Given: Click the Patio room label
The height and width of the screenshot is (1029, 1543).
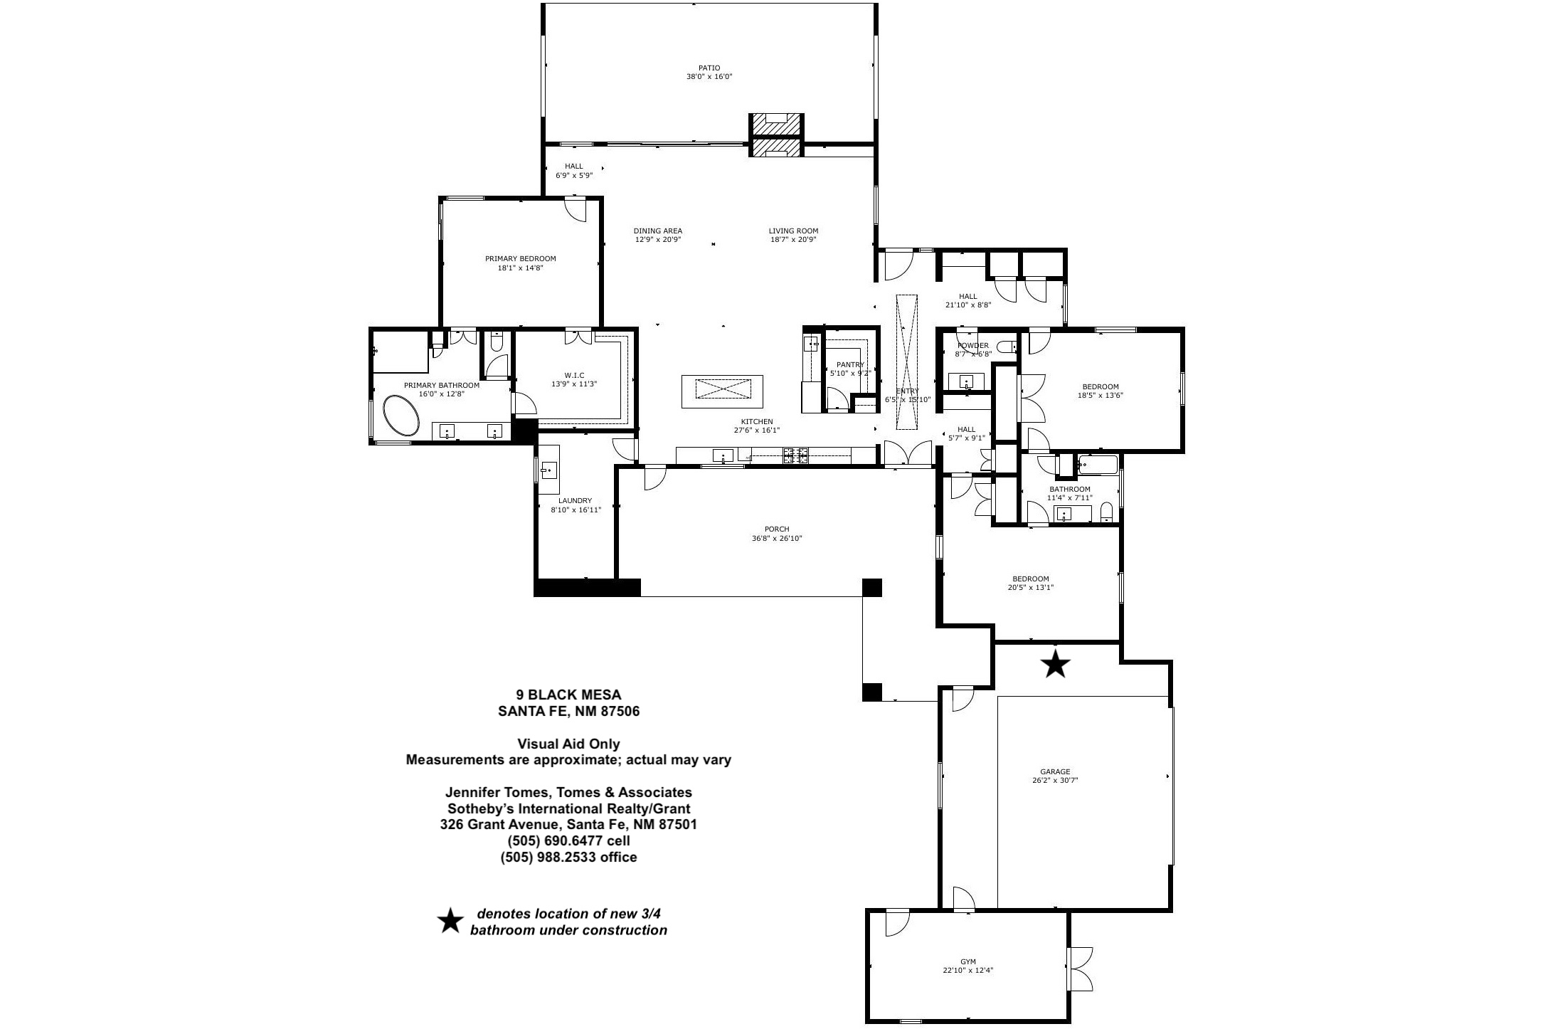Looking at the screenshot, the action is (709, 68).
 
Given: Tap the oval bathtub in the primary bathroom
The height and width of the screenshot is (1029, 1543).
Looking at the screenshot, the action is (402, 416).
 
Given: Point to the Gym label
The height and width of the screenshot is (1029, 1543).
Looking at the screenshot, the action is (967, 961).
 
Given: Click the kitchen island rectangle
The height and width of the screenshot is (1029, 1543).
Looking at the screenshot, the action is (722, 391).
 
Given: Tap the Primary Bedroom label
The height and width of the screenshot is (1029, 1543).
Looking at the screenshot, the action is (520, 259).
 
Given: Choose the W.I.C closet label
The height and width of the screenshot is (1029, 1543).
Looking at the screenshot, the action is (573, 375).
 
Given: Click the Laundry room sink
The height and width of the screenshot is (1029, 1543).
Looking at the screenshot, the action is (548, 470).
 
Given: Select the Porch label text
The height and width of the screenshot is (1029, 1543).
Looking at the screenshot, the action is (777, 529).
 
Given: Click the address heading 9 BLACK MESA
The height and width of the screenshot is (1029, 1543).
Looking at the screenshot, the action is (568, 695).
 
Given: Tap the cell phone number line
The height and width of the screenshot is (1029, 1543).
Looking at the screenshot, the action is (568, 841).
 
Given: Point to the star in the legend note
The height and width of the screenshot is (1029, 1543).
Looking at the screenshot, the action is (450, 921).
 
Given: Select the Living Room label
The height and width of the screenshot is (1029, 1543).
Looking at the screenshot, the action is (793, 231).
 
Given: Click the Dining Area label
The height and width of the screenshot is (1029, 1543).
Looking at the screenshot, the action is (658, 231).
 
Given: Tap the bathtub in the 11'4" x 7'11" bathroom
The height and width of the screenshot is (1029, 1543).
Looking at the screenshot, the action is (1098, 465).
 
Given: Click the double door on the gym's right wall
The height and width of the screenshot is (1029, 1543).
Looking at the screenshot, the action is (1081, 969).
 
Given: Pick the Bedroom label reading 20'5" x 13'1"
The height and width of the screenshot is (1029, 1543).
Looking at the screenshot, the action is (1031, 579).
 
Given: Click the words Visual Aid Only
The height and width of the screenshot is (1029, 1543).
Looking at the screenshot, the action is (568, 744).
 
